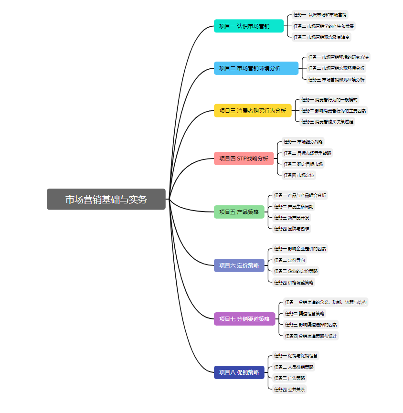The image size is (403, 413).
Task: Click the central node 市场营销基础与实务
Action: pyautogui.click(x=106, y=199)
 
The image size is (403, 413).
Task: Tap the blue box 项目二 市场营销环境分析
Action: pyautogui.click(x=256, y=68)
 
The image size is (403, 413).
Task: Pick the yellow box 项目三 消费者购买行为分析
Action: pyautogui.click(x=253, y=111)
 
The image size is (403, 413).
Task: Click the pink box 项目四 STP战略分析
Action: pyautogui.click(x=244, y=159)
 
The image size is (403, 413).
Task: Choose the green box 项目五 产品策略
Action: pyautogui.click(x=239, y=212)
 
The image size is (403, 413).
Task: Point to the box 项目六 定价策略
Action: pyautogui.click(x=239, y=265)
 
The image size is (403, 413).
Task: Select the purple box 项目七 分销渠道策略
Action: pyautogui.click(x=244, y=319)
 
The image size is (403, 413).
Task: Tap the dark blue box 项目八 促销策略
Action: pyautogui.click(x=239, y=372)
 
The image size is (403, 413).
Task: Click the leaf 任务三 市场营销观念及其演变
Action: pyautogui.click(x=322, y=37)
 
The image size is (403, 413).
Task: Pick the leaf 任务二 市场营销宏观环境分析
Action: pyautogui.click(x=336, y=68)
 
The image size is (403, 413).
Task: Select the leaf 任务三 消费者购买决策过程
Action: pyautogui.click(x=327, y=122)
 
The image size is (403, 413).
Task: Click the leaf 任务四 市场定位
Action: pyautogui.click(x=299, y=175)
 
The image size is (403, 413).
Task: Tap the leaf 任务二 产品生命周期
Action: pyautogui.click(x=294, y=206)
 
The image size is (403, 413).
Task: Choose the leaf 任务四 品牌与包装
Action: pyautogui.click(x=291, y=228)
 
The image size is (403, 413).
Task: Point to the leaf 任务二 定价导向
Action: pyautogui.click(x=289, y=260)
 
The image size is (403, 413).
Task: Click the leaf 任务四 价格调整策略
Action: pyautogui.click(x=294, y=282)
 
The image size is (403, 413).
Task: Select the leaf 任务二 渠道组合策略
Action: pyautogui.click(x=305, y=314)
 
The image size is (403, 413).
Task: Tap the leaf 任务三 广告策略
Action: pyautogui.click(x=289, y=378)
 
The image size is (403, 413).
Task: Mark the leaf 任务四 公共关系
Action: pyautogui.click(x=289, y=389)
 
